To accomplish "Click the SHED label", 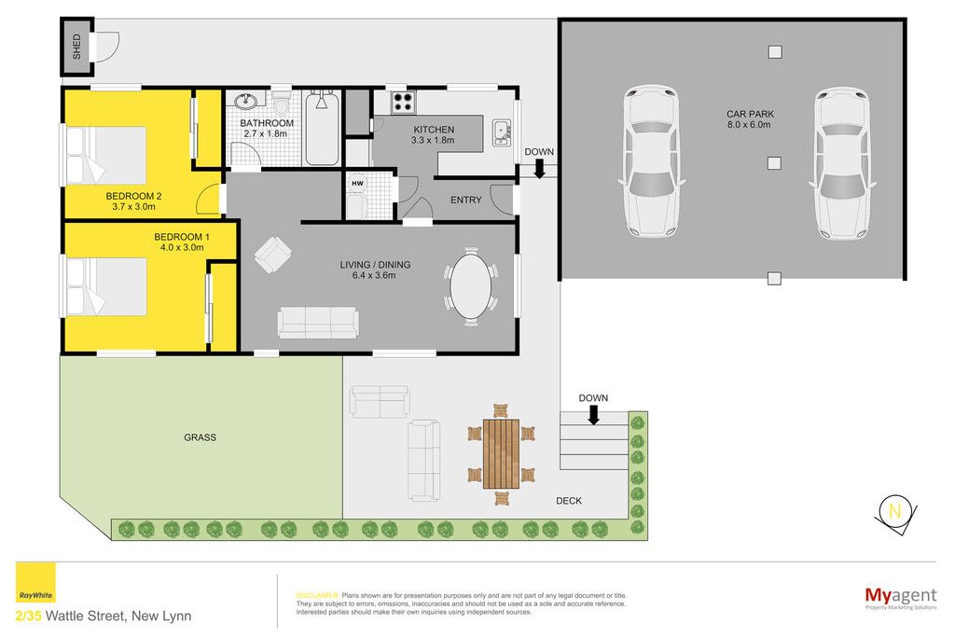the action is [x=76, y=47].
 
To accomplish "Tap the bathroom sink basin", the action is [x=245, y=101].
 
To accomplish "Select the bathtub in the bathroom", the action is [x=322, y=127].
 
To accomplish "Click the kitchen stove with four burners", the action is [x=403, y=103].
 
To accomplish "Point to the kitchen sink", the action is [x=501, y=132].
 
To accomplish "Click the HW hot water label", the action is [x=357, y=184].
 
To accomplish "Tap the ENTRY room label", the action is [x=466, y=200].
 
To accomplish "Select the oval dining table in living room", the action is [x=471, y=286].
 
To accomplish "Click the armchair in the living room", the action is [x=272, y=254].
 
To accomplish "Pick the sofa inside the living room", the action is [x=317, y=322].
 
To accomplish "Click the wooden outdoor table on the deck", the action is [x=501, y=453].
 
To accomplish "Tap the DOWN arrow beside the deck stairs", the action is [x=594, y=415].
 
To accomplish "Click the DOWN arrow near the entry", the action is [x=539, y=169].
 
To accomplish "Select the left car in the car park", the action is [x=651, y=160].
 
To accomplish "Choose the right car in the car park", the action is [x=842, y=163].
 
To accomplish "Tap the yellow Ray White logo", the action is [x=35, y=582].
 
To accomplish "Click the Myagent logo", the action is [x=901, y=598].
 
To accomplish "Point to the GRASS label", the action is [x=200, y=437].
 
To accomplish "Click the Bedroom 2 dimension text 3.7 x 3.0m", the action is [x=133, y=206].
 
